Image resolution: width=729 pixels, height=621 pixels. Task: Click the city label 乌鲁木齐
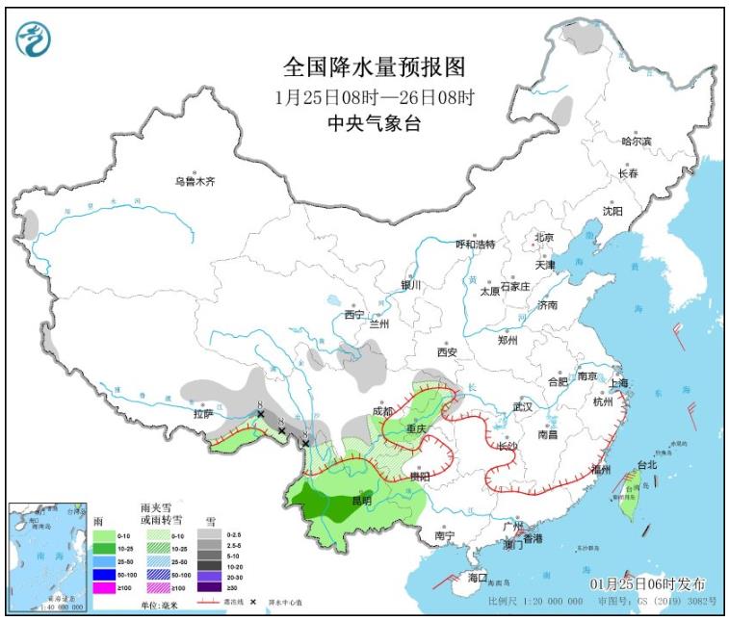tap(195, 181)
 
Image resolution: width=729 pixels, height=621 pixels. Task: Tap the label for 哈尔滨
tap(636, 142)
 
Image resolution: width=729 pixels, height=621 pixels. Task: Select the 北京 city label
tap(544, 238)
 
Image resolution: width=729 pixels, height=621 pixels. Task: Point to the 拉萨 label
tap(202, 414)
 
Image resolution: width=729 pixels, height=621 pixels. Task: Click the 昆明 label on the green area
tap(361, 501)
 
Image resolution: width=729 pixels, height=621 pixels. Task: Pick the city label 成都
tap(383, 411)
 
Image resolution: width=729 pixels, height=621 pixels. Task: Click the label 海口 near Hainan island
tap(479, 578)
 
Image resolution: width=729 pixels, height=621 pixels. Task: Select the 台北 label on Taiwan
tap(646, 465)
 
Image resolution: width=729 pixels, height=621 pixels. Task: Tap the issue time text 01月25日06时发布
tap(646, 584)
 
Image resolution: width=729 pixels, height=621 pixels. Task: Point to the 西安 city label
tap(448, 352)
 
